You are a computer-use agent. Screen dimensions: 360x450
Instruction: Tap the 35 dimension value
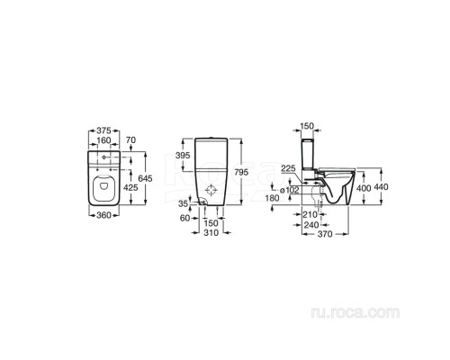click(x=183, y=204)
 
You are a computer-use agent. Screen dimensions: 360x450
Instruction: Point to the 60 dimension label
click(x=184, y=218)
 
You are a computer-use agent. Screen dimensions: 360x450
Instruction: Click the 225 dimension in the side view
click(x=288, y=167)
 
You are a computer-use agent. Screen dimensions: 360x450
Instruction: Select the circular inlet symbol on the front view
click(x=211, y=192)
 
